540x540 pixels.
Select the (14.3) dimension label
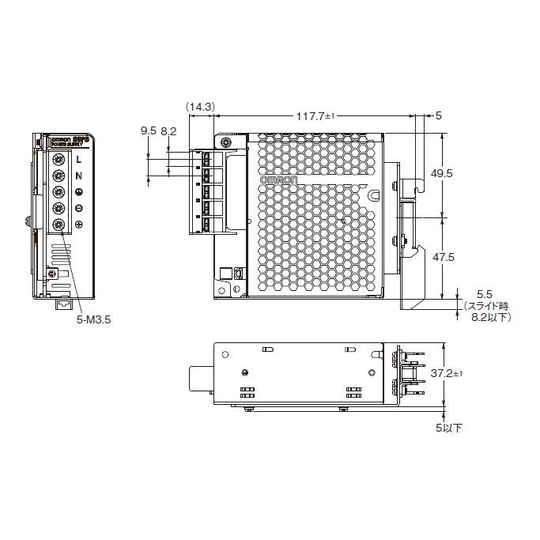click(x=200, y=105)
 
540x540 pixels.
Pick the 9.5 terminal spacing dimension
click(x=148, y=131)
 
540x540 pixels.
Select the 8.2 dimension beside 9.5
click(x=168, y=131)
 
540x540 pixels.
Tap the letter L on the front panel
click(x=79, y=160)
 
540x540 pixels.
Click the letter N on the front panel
click(x=79, y=176)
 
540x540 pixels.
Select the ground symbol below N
click(x=79, y=193)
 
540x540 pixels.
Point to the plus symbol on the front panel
click(x=79, y=226)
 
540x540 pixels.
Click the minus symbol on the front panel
click(x=79, y=210)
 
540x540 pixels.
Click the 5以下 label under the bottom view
click(x=448, y=428)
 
